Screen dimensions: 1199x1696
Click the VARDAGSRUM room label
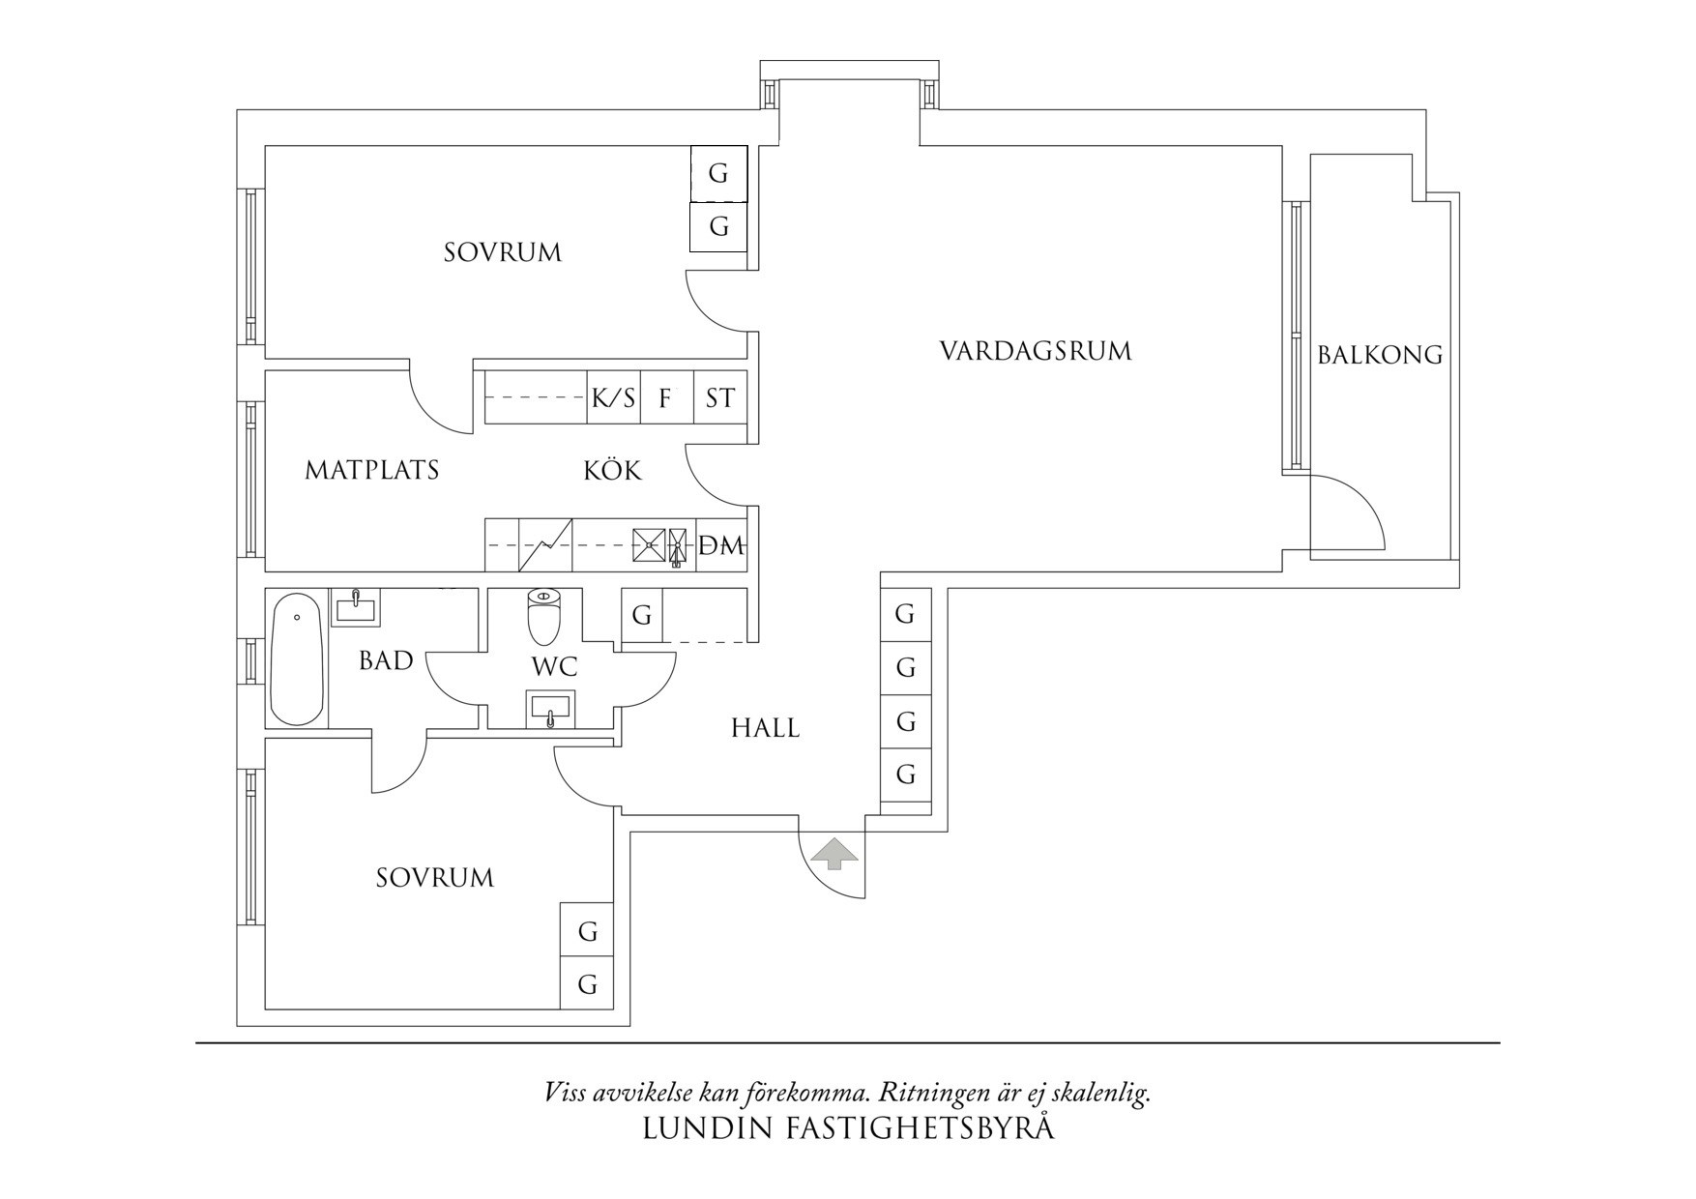click(x=1035, y=350)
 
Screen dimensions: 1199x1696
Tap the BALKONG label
click(x=1380, y=355)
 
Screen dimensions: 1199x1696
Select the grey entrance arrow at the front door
click(x=833, y=855)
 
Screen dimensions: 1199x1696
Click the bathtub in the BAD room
click(x=297, y=659)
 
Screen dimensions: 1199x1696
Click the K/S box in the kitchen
click(x=613, y=397)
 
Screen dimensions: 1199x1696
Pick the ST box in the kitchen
click(x=720, y=397)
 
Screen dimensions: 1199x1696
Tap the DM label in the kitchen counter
click(x=721, y=546)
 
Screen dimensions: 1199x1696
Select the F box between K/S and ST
click(x=666, y=397)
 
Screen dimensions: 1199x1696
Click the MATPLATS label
click(x=372, y=470)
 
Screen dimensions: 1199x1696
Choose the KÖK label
click(x=612, y=471)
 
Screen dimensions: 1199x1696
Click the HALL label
click(x=765, y=728)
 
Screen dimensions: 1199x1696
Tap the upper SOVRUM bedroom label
click(x=502, y=252)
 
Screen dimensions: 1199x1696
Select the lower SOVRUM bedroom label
click(x=434, y=878)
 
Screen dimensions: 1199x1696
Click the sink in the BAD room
click(x=356, y=608)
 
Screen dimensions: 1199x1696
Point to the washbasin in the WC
click(x=550, y=710)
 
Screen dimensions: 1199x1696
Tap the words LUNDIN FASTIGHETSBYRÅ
click(x=848, y=1128)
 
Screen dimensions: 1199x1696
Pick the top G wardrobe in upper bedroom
click(x=718, y=174)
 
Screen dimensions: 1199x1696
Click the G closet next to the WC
click(x=641, y=615)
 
